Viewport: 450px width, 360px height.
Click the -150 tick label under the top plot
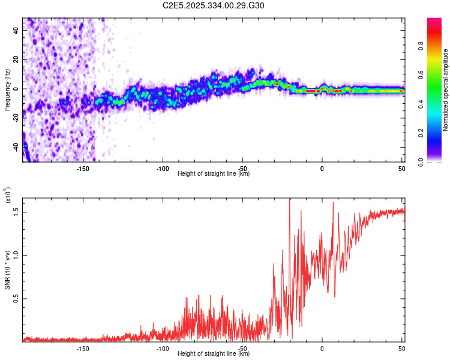click(83, 169)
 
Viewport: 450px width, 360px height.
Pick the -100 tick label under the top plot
click(163, 169)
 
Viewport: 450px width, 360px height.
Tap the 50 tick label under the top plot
click(401, 169)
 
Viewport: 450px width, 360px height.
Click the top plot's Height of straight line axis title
click(214, 174)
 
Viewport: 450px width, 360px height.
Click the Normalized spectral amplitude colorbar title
click(445, 90)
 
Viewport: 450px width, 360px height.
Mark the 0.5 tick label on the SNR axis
click(16, 298)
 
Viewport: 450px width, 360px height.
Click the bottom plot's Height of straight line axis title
click(214, 353)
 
